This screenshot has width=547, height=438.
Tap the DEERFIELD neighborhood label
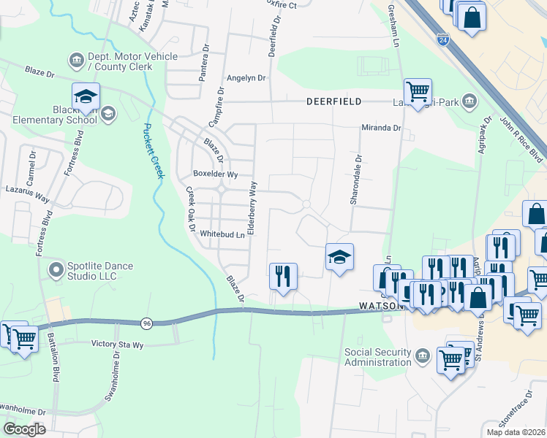[333, 102]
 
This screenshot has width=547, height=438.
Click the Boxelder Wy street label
[215, 174]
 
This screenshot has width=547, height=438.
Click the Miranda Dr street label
[382, 128]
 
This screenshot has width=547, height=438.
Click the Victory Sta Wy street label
[121, 343]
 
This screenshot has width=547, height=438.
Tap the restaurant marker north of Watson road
[283, 276]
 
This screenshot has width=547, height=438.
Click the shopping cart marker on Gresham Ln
[418, 92]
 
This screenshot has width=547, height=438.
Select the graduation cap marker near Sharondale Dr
[339, 257]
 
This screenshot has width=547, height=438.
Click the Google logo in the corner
[24, 429]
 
